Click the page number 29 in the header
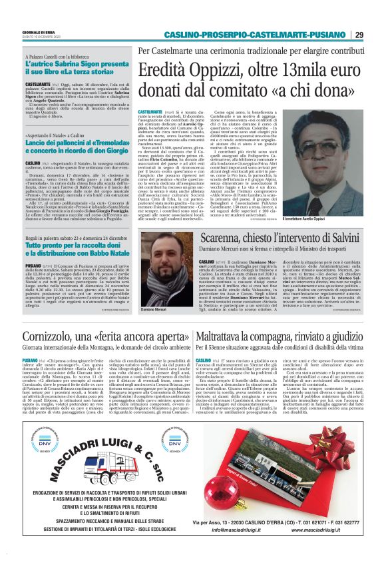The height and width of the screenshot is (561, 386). (359, 35)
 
